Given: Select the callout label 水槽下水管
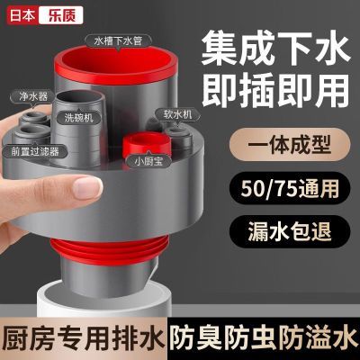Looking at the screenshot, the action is tap(117, 40).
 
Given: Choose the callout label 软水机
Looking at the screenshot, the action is tap(174, 115).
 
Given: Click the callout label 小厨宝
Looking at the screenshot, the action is tap(148, 162).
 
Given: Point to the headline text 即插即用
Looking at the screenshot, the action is tap(275, 91).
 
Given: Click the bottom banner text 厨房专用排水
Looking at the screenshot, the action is tap(82, 340).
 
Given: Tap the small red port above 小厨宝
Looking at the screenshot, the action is tap(147, 143).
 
